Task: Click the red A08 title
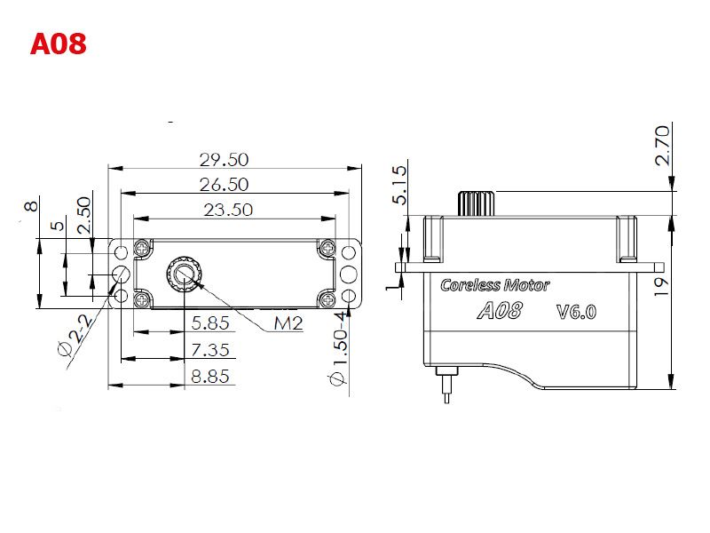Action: (x=58, y=44)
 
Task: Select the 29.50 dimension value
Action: (x=225, y=160)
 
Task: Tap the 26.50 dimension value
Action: (x=225, y=185)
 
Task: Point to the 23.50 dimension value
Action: (x=228, y=210)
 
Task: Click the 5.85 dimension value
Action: (x=210, y=323)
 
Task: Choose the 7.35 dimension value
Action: (x=210, y=350)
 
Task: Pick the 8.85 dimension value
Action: (x=210, y=376)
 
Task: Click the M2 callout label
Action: (x=288, y=323)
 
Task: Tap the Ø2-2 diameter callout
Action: (x=76, y=336)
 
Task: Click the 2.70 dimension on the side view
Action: (x=662, y=146)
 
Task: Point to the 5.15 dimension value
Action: (x=400, y=185)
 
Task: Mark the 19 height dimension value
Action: (x=661, y=287)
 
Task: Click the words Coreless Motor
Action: (x=495, y=285)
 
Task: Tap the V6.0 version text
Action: (x=576, y=312)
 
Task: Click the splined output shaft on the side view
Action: (x=476, y=203)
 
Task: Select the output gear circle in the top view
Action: (x=184, y=274)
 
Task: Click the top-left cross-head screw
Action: (x=142, y=248)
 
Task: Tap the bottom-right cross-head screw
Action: (x=327, y=298)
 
